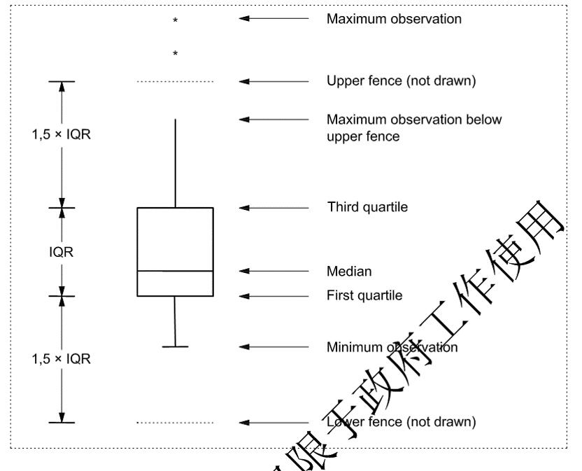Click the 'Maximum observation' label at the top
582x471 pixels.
click(394, 19)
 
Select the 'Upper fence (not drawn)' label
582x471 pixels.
click(401, 81)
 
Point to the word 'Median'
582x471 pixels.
click(349, 271)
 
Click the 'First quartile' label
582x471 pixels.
click(364, 295)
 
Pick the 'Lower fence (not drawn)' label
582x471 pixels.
click(401, 422)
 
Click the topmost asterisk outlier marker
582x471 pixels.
click(175, 21)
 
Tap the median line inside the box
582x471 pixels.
click(175, 271)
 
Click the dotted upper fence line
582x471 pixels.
click(175, 82)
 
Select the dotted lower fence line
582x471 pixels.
click(175, 423)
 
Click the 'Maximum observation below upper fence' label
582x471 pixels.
click(414, 128)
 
